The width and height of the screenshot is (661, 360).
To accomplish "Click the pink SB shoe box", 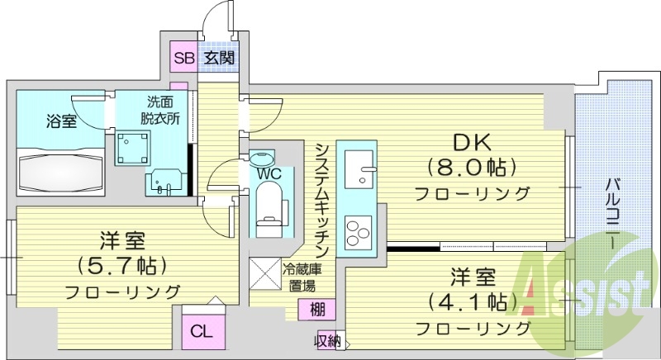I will pyautogui.click(x=183, y=58).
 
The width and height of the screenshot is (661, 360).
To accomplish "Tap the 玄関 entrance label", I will pyautogui.click(x=219, y=58).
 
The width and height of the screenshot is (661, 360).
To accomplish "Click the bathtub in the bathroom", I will pyautogui.click(x=60, y=168).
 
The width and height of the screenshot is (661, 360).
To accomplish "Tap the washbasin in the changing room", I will pyautogui.click(x=164, y=182).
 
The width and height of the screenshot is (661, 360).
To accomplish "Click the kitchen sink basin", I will pyautogui.click(x=360, y=173).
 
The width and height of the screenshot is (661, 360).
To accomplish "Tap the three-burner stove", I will pyautogui.click(x=360, y=230).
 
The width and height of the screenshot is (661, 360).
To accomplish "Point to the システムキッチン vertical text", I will pyautogui.click(x=322, y=198).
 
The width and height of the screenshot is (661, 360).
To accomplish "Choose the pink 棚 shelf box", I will pyautogui.click(x=317, y=310).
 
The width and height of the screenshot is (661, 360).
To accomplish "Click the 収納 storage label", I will pyautogui.click(x=328, y=341).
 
